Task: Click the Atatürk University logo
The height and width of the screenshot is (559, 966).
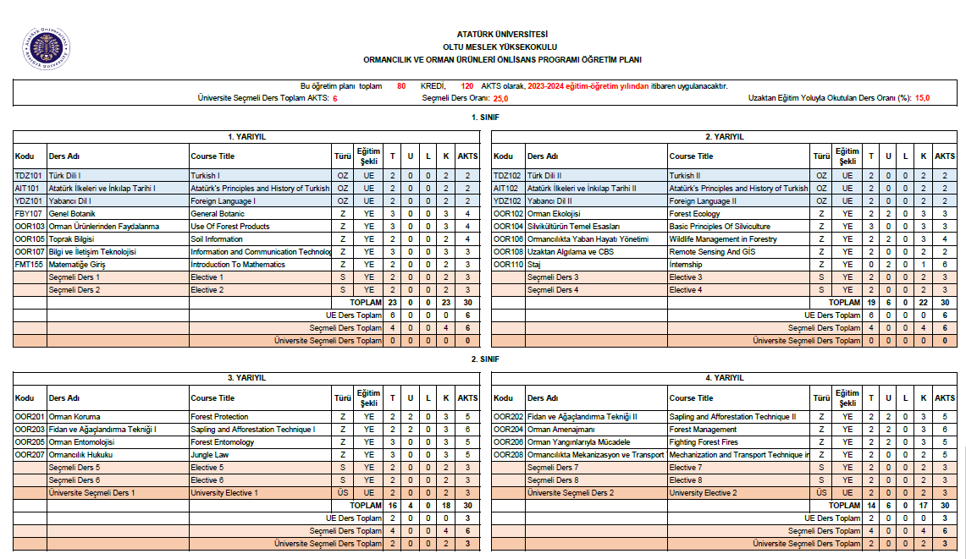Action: coord(46,49)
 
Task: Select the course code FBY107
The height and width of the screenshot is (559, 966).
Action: coord(29,214)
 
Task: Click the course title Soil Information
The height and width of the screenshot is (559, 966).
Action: coord(217,239)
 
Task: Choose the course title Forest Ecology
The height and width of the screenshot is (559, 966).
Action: coord(695,214)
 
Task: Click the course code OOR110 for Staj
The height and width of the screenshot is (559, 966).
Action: coord(509,265)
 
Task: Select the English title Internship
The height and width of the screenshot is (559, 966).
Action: coord(687,265)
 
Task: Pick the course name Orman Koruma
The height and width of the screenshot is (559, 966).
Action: coord(75,417)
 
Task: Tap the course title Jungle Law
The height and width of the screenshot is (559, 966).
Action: coord(211,455)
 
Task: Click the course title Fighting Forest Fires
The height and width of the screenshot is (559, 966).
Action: coord(704,442)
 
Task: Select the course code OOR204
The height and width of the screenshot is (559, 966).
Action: coord(509,430)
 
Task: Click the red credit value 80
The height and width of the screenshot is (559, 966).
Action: coord(401,86)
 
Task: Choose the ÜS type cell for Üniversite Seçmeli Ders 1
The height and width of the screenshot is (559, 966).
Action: coord(343,493)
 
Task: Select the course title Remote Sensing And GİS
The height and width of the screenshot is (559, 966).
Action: coord(712,252)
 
